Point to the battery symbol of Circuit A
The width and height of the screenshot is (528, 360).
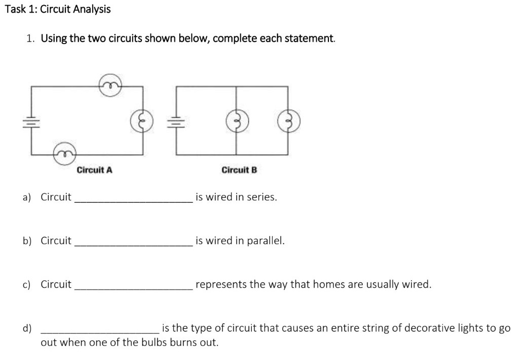(x=32, y=121)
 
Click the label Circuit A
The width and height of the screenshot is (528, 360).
(x=94, y=170)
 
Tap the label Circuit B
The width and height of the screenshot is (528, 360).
(x=239, y=170)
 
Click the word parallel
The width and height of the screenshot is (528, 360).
(x=266, y=241)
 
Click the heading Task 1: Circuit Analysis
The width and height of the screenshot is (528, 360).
(x=57, y=9)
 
